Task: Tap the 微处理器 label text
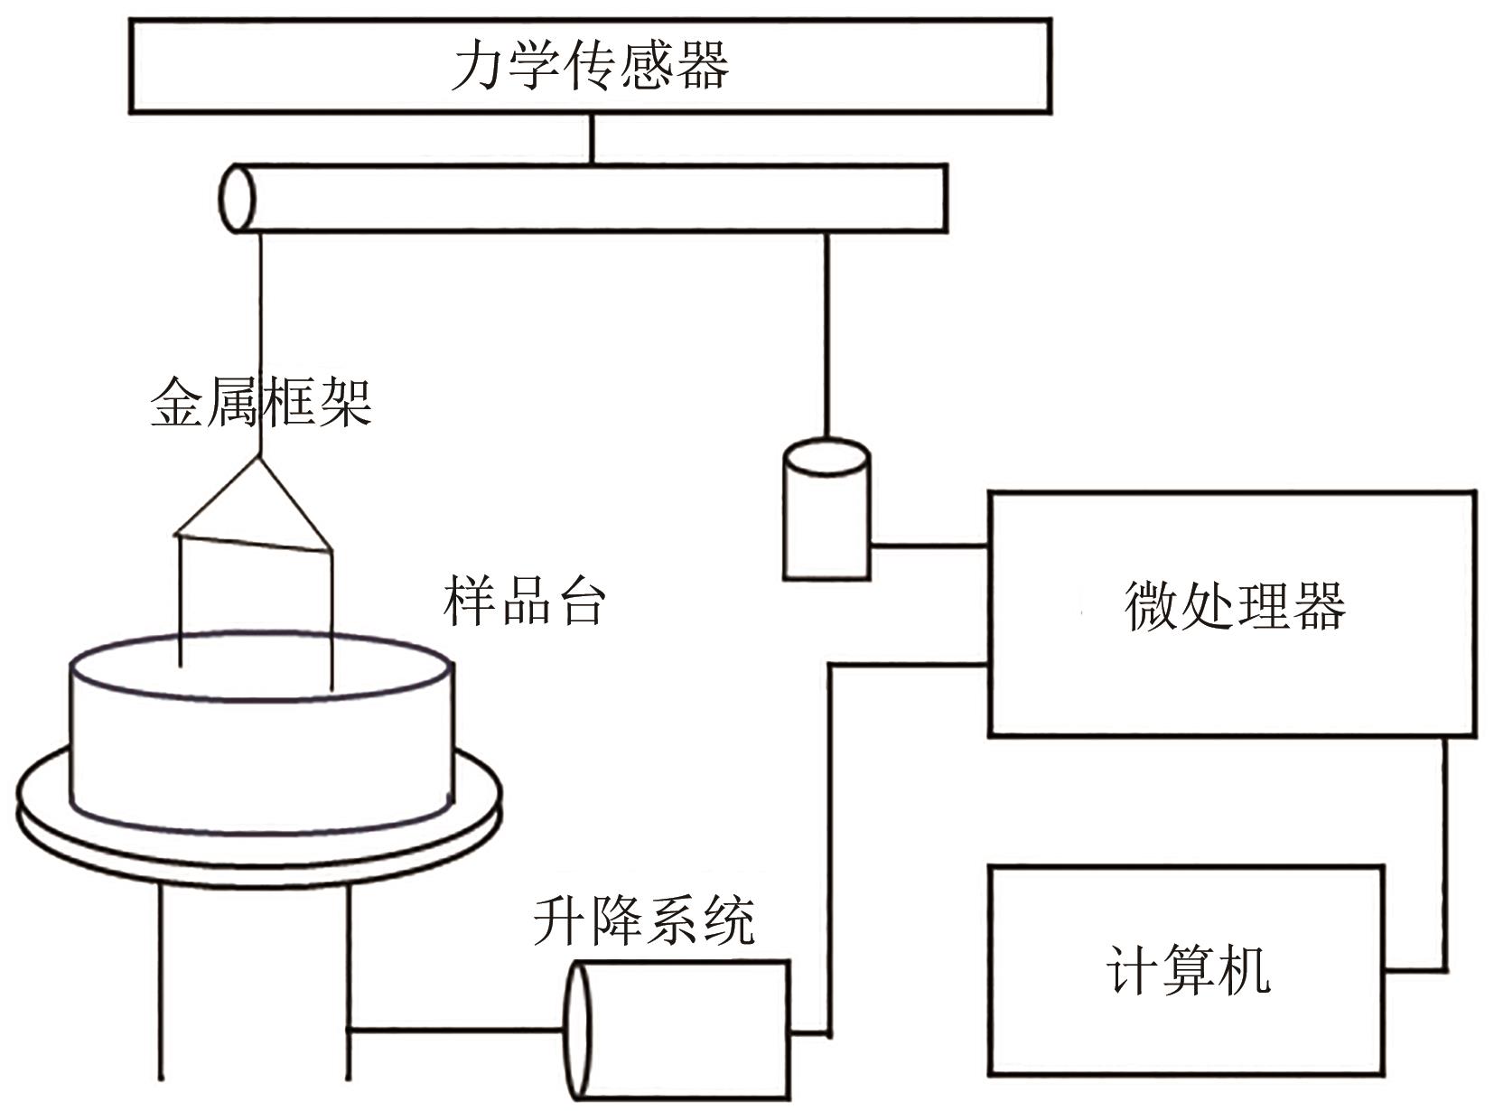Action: tap(1234, 604)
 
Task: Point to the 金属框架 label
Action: tap(260, 402)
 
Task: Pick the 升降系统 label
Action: tap(643, 920)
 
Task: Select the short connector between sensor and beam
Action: tap(592, 138)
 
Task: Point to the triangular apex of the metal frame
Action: tap(260, 461)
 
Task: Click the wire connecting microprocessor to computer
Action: tap(1444, 858)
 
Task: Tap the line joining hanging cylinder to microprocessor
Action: tap(929, 546)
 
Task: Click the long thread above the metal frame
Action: tap(260, 343)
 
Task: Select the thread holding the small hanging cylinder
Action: tap(826, 334)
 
